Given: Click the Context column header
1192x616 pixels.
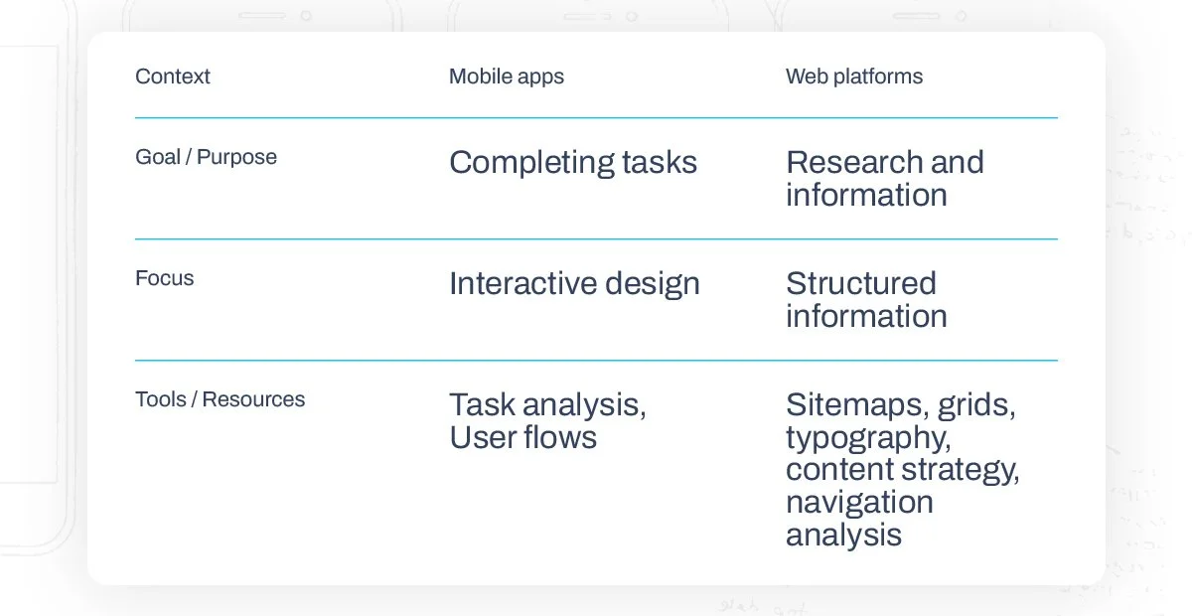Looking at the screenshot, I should point(172,77).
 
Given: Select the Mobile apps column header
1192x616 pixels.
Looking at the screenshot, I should point(506,77).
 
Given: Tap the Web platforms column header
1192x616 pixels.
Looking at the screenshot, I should point(853,77).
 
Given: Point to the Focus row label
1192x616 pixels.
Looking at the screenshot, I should point(164,278).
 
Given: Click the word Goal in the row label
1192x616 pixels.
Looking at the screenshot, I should point(158,157).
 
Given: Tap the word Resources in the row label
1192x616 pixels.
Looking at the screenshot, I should point(253,399).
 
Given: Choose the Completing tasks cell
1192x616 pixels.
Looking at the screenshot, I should point(572,162).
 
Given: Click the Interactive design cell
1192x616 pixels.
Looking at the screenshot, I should point(574,283).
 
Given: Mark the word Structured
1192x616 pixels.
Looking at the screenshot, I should point(860,283).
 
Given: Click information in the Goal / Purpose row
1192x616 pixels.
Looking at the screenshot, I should point(866,195).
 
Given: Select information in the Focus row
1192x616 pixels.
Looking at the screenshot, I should point(866,316).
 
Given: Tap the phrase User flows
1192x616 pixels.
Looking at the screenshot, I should point(522,437).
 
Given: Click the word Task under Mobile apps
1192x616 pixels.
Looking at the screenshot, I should point(482,404).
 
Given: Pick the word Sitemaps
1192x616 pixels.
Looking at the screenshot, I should point(855,404).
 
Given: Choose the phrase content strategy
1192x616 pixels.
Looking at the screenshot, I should point(902,470).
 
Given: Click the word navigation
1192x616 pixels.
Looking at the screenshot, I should point(859,502).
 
